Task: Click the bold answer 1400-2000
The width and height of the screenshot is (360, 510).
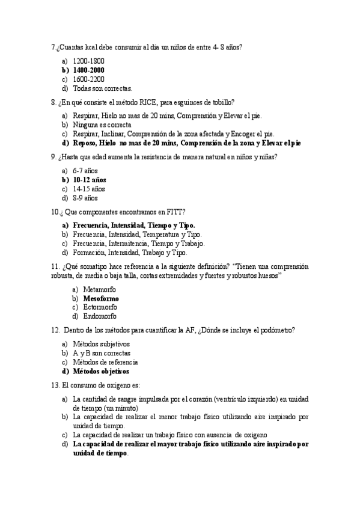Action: pos(88,70)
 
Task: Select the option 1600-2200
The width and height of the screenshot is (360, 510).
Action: pos(88,79)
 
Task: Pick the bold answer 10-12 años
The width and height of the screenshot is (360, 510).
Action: pos(89,180)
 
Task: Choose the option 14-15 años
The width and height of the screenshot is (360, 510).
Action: pos(89,189)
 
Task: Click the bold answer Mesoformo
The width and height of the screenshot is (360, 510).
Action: pos(100,298)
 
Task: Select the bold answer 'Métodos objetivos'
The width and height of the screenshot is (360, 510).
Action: pos(100,372)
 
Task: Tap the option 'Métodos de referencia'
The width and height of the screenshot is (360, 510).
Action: pos(105,363)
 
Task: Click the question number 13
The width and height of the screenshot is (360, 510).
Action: pos(55,385)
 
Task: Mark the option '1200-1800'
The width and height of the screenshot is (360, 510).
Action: pos(88,61)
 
